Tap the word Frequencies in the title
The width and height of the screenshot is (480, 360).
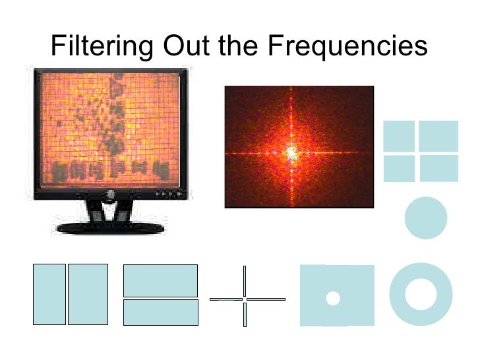tap(347, 45)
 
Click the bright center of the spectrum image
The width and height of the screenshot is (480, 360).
tap(291, 153)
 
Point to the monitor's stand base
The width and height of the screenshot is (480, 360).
tap(110, 228)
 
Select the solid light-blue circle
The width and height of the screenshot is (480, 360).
tap(425, 218)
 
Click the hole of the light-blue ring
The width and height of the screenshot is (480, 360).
tap(421, 294)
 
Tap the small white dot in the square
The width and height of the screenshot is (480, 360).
tap(333, 298)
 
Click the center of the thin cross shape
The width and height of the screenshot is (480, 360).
tap(245, 299)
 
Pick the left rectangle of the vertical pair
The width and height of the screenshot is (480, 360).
tap(49, 294)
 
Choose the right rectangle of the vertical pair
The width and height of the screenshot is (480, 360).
tap(88, 294)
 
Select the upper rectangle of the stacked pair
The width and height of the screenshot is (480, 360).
tap(160, 280)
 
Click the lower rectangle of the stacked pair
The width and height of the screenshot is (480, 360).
tap(160, 312)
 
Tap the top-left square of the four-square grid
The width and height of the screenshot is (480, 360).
tap(399, 136)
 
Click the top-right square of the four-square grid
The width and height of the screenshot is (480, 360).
tap(438, 136)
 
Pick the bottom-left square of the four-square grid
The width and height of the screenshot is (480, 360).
tap(399, 168)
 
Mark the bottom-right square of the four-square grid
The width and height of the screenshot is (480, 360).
tap(438, 168)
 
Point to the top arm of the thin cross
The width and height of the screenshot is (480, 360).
tap(245, 280)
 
